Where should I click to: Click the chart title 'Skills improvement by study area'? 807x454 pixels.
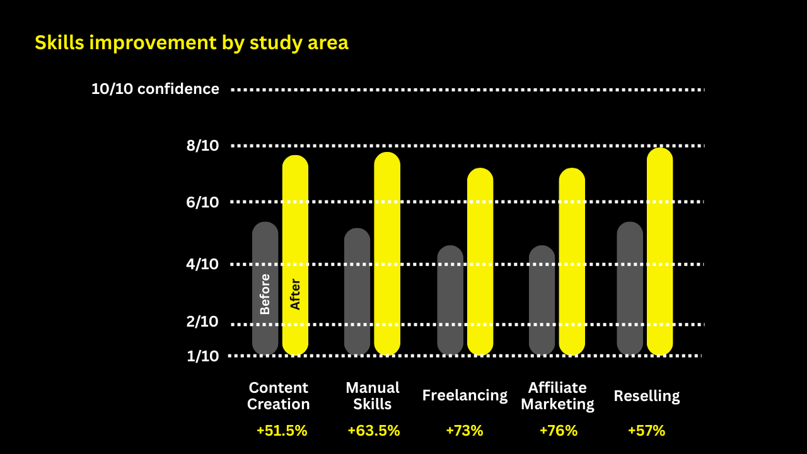click(x=191, y=43)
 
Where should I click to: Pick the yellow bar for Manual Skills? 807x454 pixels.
click(x=387, y=252)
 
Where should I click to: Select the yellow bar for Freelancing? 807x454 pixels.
click(x=480, y=261)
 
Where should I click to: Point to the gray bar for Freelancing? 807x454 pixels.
click(x=450, y=300)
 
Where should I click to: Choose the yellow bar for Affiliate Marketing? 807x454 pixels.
click(x=572, y=261)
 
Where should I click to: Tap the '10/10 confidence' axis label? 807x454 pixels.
click(x=155, y=89)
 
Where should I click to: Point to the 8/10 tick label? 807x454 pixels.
click(x=202, y=146)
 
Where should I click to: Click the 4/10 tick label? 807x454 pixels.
click(x=202, y=264)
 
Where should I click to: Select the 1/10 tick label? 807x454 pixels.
click(x=202, y=356)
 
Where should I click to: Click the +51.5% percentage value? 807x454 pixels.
click(x=282, y=431)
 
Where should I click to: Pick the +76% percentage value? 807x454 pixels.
click(x=558, y=431)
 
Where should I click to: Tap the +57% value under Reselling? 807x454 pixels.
click(x=646, y=431)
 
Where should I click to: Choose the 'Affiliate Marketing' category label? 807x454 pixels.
click(x=557, y=395)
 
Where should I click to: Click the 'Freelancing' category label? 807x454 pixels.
click(x=465, y=395)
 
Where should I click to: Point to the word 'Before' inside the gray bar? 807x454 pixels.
click(x=265, y=294)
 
